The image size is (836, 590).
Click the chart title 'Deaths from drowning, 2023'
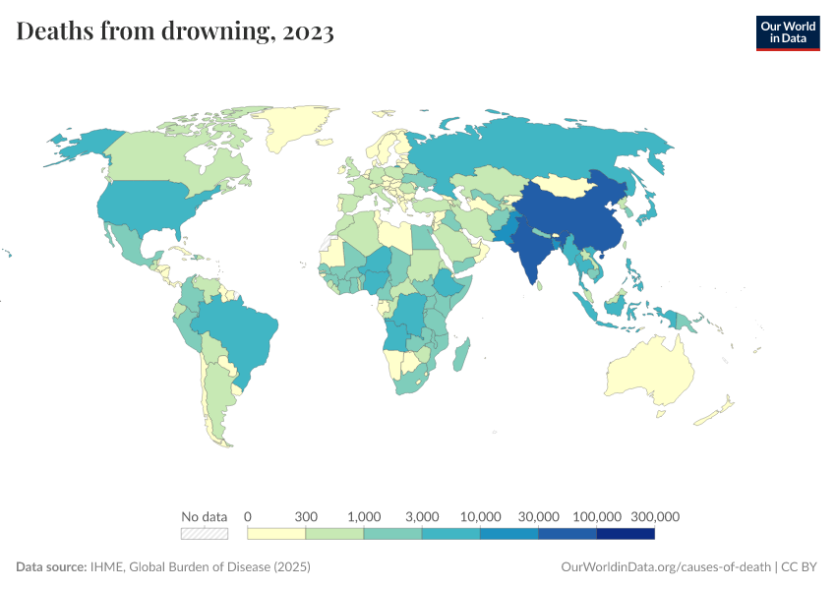click(x=175, y=32)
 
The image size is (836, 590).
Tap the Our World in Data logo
click(x=787, y=32)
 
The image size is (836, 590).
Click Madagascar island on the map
click(x=460, y=355)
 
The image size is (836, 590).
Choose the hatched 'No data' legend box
click(x=205, y=534)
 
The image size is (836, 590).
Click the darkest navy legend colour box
click(x=626, y=534)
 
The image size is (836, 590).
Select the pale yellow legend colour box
click(x=276, y=534)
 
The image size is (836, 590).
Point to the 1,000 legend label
click(x=365, y=516)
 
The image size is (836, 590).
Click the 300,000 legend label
click(x=654, y=516)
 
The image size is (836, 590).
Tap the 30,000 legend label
click(x=539, y=516)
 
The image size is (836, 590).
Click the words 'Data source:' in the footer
click(x=50, y=567)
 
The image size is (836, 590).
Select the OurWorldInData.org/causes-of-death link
click(x=665, y=567)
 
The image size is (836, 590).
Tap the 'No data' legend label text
click(x=205, y=516)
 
